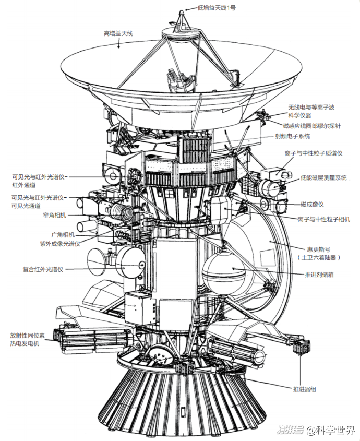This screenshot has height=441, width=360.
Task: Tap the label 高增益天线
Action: click(118, 33)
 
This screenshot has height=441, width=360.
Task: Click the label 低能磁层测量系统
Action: click(323, 177)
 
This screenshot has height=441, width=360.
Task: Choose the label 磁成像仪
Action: click(312, 204)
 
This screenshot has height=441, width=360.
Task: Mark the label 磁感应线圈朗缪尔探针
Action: click(312, 126)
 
